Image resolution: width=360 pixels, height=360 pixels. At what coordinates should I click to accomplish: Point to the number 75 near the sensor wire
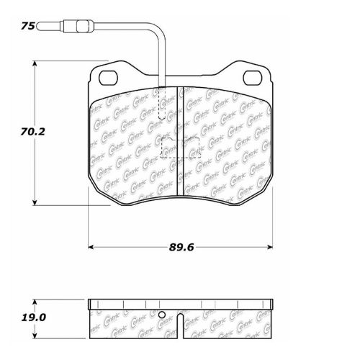[x=27, y=26]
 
